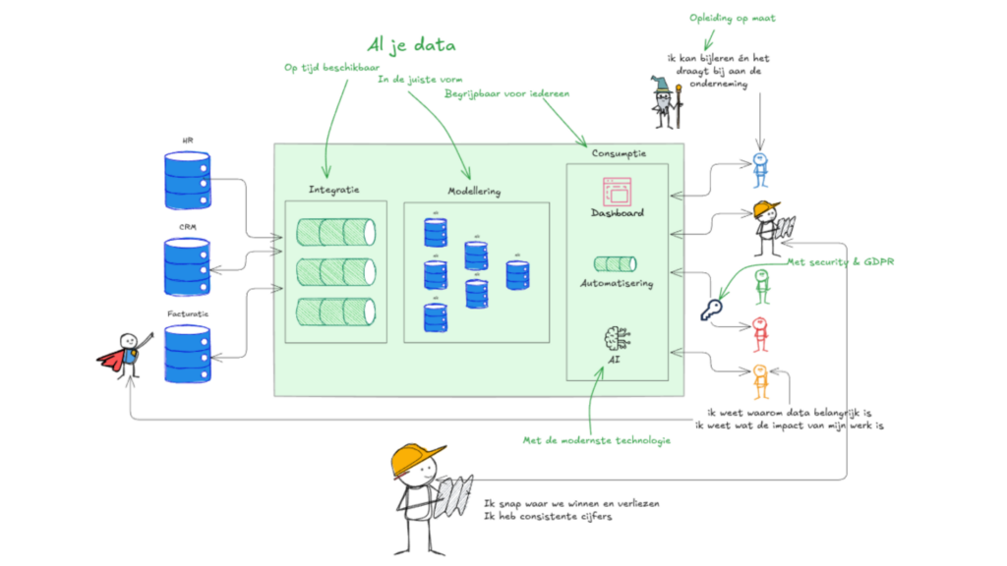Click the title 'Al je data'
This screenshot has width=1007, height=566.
410,44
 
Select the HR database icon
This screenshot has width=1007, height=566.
187,178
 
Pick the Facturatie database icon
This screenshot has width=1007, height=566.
187,353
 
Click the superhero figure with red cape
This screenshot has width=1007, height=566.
126,353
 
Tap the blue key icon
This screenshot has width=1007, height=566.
711,312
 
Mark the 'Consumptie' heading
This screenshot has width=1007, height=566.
619,153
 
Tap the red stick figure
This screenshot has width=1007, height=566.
759,334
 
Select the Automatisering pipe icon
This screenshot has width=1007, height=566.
616,263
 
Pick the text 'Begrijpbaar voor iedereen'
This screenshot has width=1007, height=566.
506,95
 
